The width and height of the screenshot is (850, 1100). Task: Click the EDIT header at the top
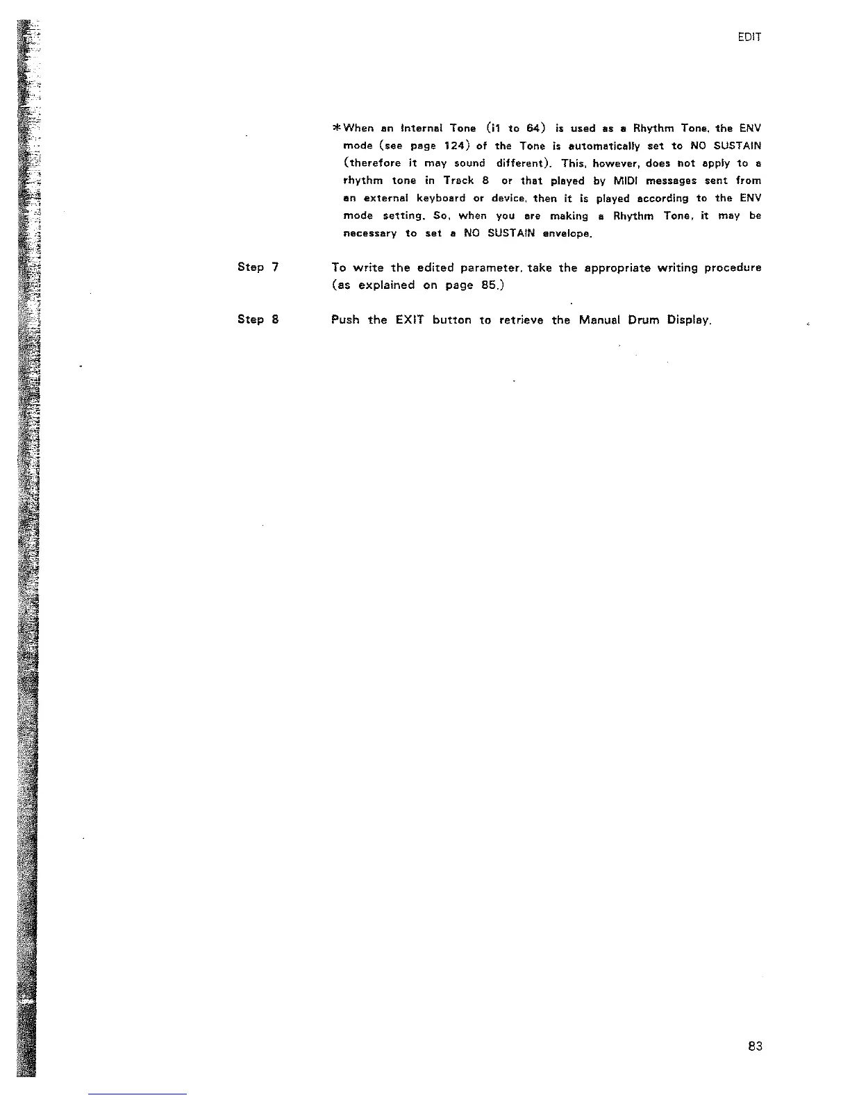[750, 37]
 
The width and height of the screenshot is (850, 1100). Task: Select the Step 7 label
[258, 267]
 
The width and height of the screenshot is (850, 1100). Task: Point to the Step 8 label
[258, 319]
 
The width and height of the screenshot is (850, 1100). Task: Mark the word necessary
[370, 233]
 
